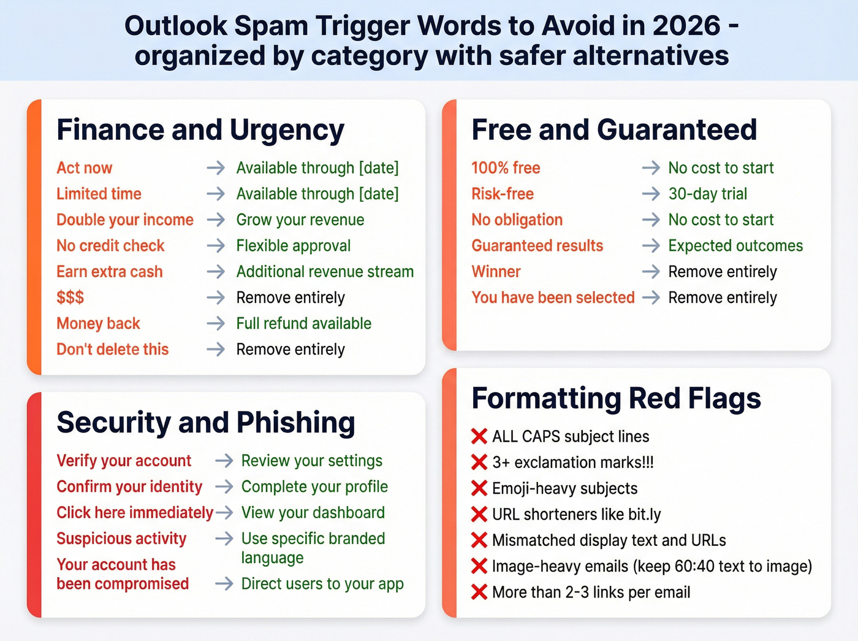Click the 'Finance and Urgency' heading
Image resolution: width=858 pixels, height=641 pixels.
200,130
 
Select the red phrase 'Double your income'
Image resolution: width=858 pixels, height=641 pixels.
125,220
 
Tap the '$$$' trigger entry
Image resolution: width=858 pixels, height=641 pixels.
70,297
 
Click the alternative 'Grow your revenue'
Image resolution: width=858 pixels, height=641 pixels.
300,220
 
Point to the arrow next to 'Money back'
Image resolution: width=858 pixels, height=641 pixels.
216,323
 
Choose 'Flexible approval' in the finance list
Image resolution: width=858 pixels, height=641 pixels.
294,246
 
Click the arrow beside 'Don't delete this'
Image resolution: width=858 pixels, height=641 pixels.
216,349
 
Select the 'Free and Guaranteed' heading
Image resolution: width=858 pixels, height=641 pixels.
614,130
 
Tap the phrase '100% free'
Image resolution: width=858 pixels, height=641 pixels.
506,168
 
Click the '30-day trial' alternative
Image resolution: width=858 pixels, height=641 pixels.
708,194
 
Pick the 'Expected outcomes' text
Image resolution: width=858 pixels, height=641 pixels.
735,246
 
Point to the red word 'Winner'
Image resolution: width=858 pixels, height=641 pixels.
496,272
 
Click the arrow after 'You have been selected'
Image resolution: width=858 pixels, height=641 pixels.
651,297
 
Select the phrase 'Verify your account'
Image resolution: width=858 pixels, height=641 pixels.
124,461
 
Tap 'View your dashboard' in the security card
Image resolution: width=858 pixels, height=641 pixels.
313,513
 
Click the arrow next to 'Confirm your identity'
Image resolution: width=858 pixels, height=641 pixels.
224,486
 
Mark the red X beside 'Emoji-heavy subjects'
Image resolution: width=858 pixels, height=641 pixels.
479,488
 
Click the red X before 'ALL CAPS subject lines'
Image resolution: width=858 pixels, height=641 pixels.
479,436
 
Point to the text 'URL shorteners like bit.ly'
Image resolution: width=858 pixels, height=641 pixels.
576,514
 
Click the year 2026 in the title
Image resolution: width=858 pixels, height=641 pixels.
686,26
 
